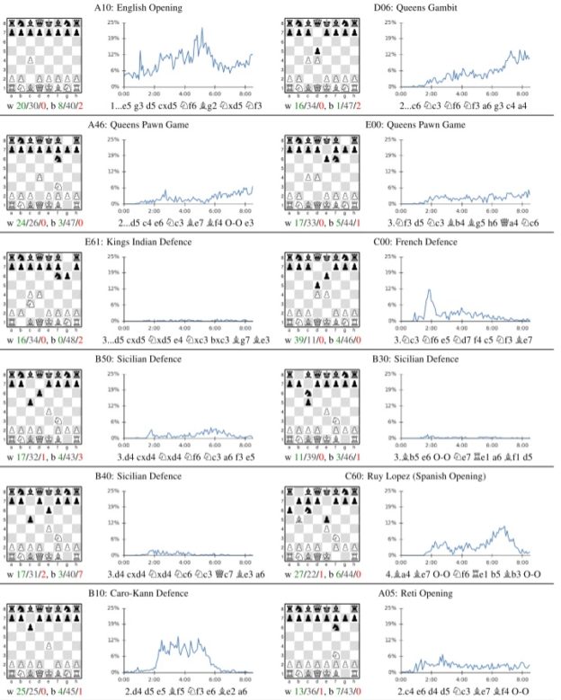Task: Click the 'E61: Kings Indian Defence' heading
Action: point(145,243)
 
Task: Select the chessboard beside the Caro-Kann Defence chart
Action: point(44,640)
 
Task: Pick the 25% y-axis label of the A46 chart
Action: point(114,139)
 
